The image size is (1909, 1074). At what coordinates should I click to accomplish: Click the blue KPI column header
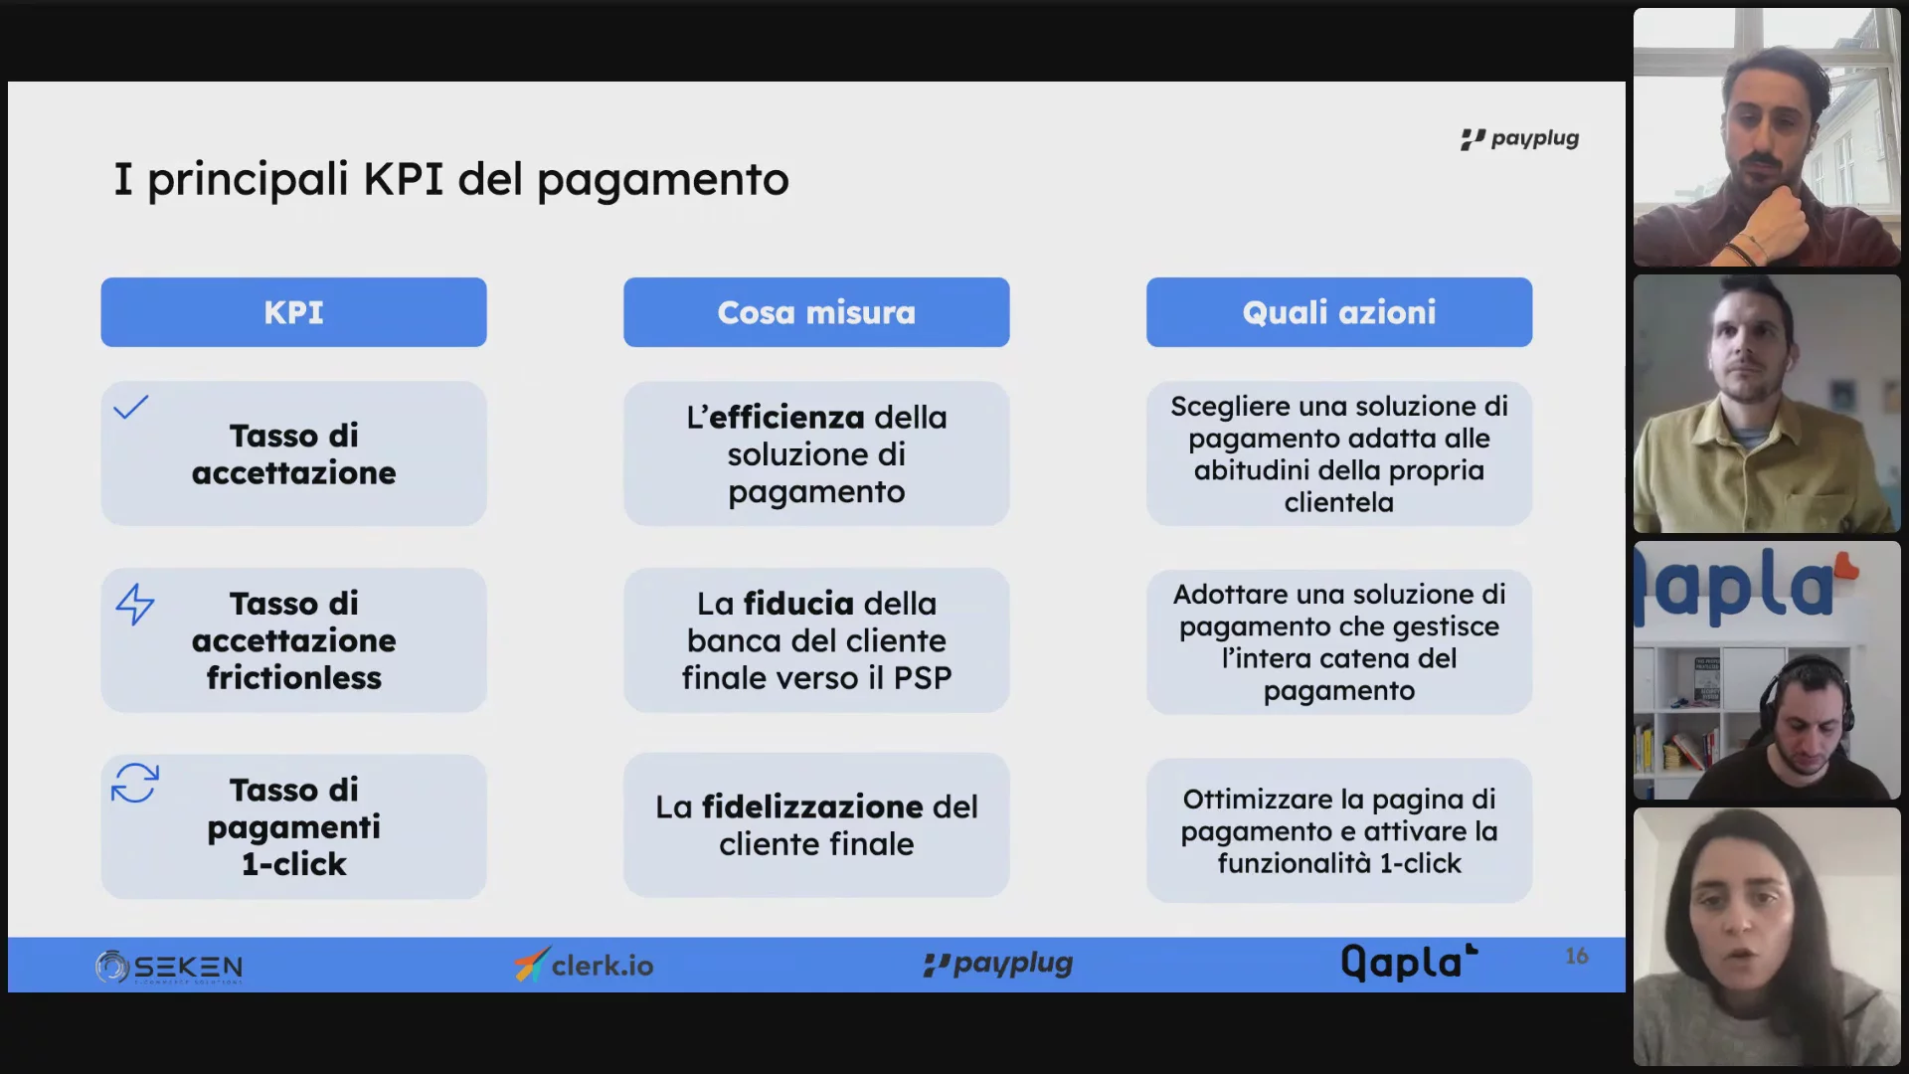tap(293, 312)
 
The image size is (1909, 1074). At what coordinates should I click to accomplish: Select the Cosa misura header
tap(816, 312)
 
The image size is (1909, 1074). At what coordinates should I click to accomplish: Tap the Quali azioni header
tap(1339, 312)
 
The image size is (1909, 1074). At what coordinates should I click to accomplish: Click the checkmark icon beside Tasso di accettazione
tap(130, 407)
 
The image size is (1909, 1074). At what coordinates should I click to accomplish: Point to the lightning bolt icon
tap(135, 604)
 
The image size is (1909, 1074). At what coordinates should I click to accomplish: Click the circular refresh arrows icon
tap(135, 783)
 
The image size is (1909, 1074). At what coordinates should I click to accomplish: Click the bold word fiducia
tap(798, 604)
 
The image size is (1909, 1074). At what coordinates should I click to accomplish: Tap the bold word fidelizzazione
tap(812, 806)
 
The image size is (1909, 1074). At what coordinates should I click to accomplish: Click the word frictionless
tap(294, 678)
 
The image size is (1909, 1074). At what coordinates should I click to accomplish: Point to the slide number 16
tap(1577, 956)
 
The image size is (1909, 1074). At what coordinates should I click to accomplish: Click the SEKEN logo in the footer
tap(169, 967)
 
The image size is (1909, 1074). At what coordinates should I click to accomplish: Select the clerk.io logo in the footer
tap(585, 965)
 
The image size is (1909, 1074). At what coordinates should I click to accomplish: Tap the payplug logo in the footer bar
tap(998, 964)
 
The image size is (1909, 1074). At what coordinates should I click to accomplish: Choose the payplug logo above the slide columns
tap(1519, 139)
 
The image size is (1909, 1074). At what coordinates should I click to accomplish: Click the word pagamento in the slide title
tap(663, 181)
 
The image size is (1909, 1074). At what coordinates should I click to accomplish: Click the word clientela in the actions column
tap(1339, 503)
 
